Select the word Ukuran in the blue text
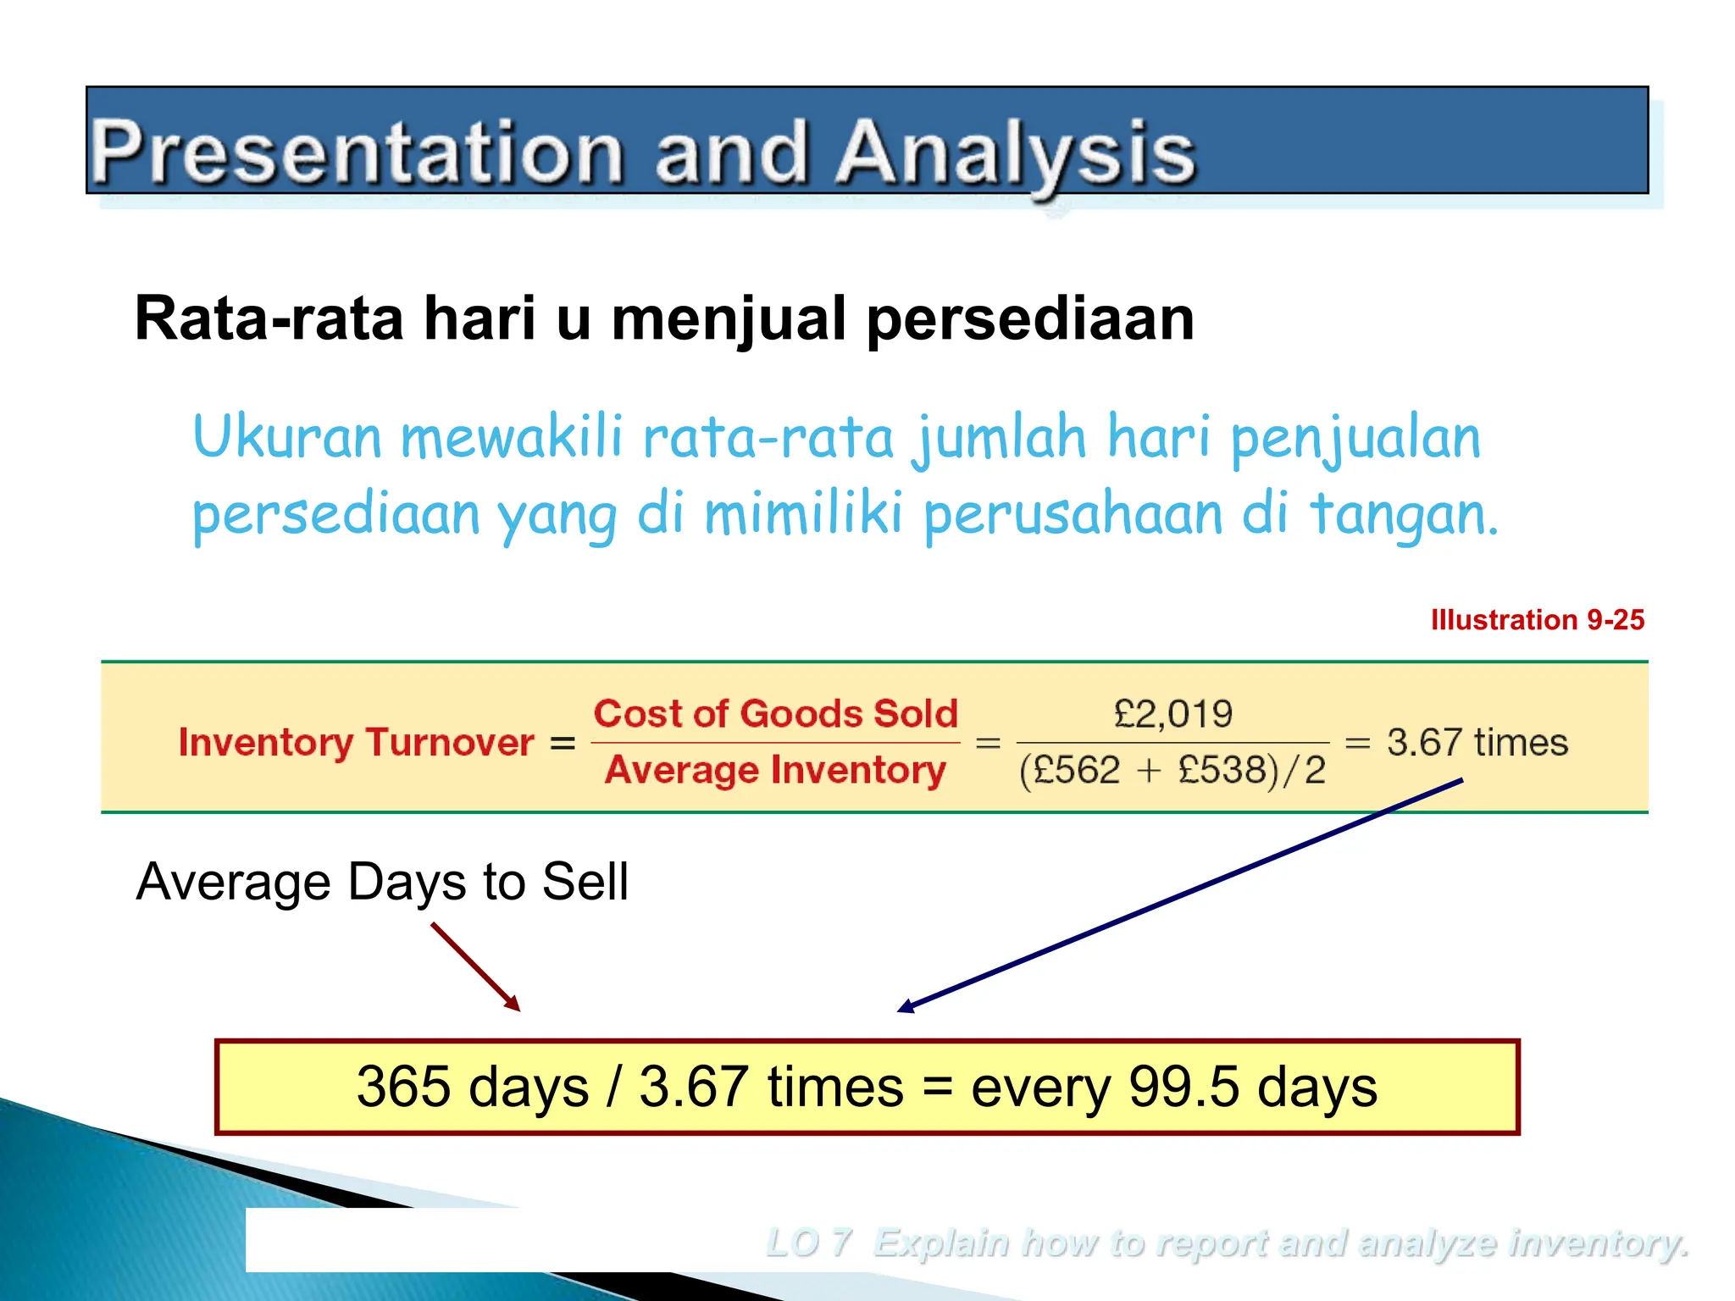287,438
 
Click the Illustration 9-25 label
1537,620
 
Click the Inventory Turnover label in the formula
356,743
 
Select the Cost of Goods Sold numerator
775,714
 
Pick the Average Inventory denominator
775,771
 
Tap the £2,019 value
1173,714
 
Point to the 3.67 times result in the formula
1477,743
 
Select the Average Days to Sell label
382,882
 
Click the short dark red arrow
475,966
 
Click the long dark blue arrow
1178,896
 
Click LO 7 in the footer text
807,1243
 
